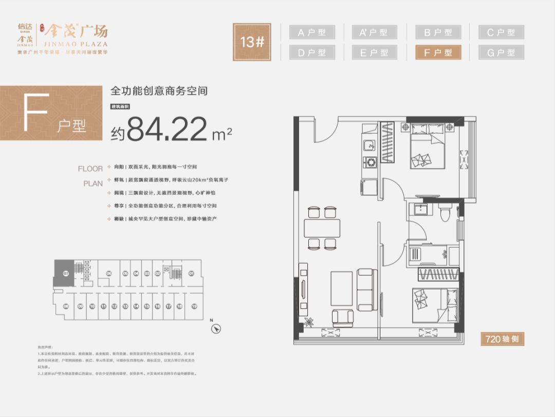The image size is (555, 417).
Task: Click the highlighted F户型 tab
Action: coord(438,52)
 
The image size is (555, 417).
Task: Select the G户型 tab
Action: coord(501,52)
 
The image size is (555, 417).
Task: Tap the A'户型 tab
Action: coord(375,32)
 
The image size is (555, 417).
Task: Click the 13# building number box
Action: coord(252,42)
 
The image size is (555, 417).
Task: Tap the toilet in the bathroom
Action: coord(446,211)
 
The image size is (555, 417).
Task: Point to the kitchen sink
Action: coord(369,146)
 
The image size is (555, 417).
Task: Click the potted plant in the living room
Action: coord(309,322)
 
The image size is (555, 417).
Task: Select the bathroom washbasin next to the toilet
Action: coord(421,210)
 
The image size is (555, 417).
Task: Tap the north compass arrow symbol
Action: coord(217,328)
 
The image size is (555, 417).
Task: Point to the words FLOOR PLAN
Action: coord(90,175)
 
